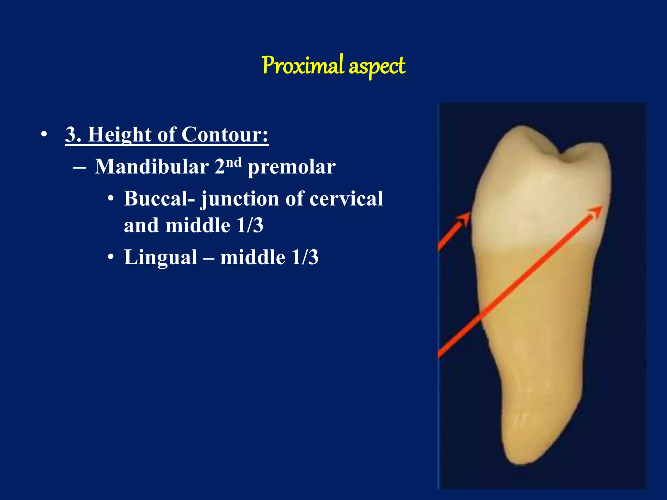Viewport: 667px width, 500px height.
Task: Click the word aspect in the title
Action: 377,67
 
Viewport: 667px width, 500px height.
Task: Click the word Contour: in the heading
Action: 225,134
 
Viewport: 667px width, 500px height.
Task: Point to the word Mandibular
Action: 151,167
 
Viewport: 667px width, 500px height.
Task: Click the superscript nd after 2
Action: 234,162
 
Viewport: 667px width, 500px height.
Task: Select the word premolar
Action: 291,167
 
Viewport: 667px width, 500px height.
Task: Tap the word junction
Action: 240,199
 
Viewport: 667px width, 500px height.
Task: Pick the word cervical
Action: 346,199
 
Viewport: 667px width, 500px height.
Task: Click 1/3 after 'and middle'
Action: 250,225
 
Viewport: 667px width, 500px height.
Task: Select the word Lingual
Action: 161,257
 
